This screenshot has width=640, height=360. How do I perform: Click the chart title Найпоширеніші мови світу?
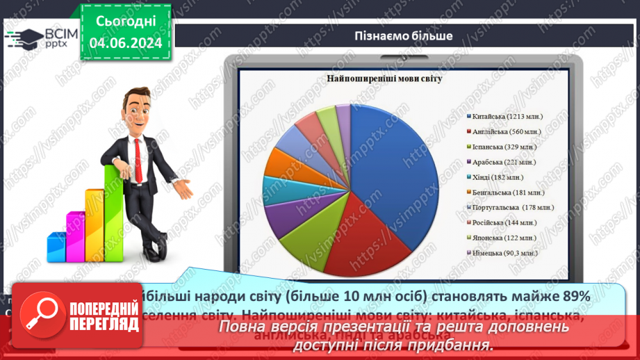[384, 79]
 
